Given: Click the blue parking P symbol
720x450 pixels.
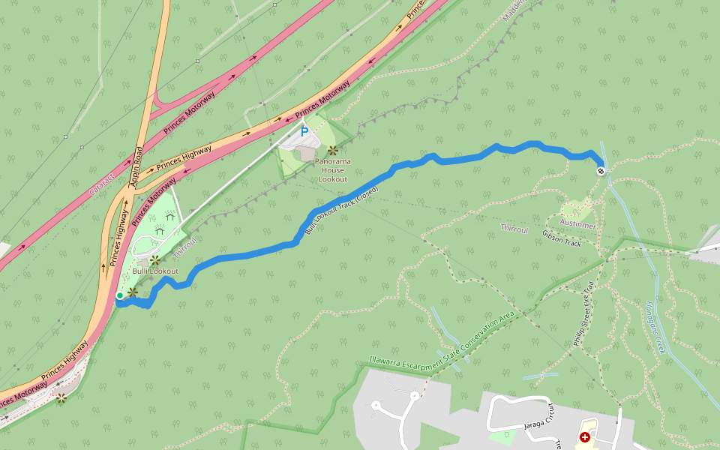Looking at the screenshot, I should tap(304, 132).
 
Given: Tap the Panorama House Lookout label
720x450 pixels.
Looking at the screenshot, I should tap(332, 169).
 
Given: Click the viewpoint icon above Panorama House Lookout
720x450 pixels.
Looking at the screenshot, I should tap(332, 151).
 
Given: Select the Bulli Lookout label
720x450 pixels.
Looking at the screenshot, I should tap(155, 271).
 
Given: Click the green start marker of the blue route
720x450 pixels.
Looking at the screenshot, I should tap(119, 296).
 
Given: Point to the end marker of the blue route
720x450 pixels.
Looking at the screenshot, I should tap(601, 171).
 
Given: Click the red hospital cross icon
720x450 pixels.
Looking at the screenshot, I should tap(584, 436).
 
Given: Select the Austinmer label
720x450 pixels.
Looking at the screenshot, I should tap(579, 223).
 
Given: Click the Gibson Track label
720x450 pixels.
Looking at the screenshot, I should tap(562, 238).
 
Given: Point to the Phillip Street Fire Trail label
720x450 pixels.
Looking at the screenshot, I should tap(583, 313).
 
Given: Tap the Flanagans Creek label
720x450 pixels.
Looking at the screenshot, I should tap(655, 327).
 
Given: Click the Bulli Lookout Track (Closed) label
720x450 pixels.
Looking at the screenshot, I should tap(341, 210).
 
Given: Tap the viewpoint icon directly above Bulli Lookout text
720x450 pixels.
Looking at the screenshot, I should tap(155, 260).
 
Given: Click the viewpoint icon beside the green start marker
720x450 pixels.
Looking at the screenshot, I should tap(133, 292).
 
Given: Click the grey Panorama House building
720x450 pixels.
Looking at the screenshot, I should tap(305, 153).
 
